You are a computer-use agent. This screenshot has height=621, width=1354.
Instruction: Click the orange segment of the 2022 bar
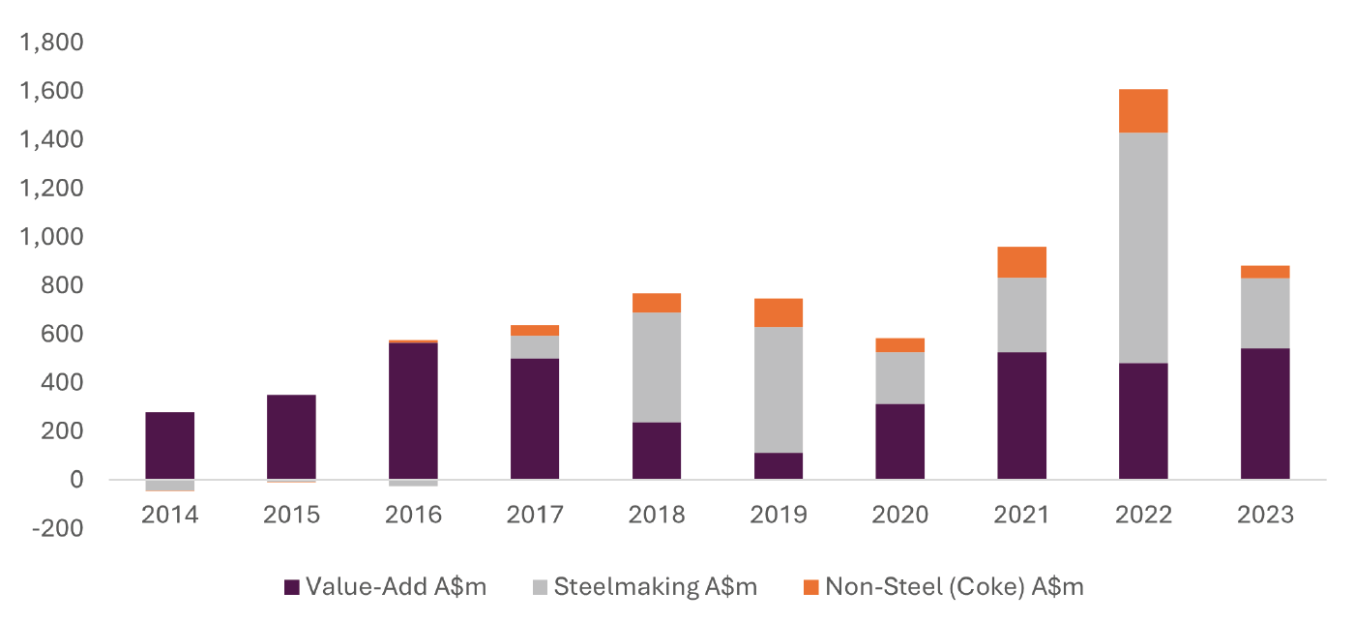pos(1143,111)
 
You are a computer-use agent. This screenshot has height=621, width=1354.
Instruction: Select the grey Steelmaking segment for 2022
pos(1143,248)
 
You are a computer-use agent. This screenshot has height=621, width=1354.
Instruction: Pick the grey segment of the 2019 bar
pos(778,390)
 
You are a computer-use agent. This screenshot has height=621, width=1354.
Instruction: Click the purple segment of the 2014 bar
pos(169,446)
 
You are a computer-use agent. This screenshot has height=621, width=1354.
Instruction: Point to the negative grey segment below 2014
pos(169,486)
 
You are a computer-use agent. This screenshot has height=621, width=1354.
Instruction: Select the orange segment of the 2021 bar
pos(1021,262)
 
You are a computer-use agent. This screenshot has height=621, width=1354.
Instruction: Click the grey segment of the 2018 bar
pos(656,368)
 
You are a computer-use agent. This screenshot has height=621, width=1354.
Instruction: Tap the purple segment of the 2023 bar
pos(1265,414)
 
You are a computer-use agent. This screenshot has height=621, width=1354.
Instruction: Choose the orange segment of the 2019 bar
pos(778,312)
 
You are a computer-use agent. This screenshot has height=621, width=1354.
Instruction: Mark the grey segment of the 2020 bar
pos(899,378)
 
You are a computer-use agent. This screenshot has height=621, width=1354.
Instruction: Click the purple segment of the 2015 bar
pos(291,437)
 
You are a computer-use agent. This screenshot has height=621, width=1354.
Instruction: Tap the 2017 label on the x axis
pos(535,515)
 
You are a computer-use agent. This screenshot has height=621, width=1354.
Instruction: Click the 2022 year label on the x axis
pos(1143,515)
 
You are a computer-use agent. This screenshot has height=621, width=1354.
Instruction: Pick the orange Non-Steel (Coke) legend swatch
pos(810,587)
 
